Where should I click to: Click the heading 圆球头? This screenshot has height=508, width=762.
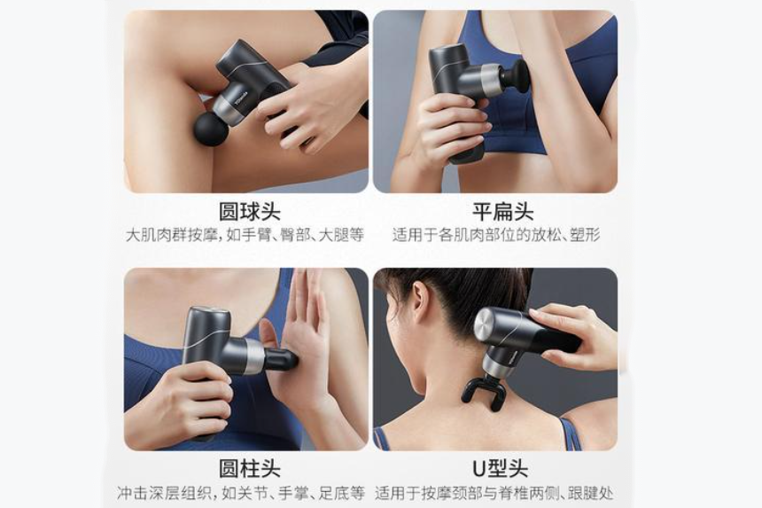click(x=250, y=212)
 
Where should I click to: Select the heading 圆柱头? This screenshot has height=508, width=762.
click(x=250, y=468)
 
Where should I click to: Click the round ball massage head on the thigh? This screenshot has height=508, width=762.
click(x=210, y=129)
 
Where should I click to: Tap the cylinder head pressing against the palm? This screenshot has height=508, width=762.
click(x=280, y=359)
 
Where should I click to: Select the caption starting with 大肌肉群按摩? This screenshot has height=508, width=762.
click(x=245, y=235)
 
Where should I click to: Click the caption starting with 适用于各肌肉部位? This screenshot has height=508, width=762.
click(x=496, y=235)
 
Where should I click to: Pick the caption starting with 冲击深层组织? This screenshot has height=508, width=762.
click(x=241, y=492)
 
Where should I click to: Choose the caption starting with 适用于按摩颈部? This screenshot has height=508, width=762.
click(x=494, y=492)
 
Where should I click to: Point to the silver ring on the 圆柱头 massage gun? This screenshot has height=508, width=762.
click(x=254, y=356)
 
